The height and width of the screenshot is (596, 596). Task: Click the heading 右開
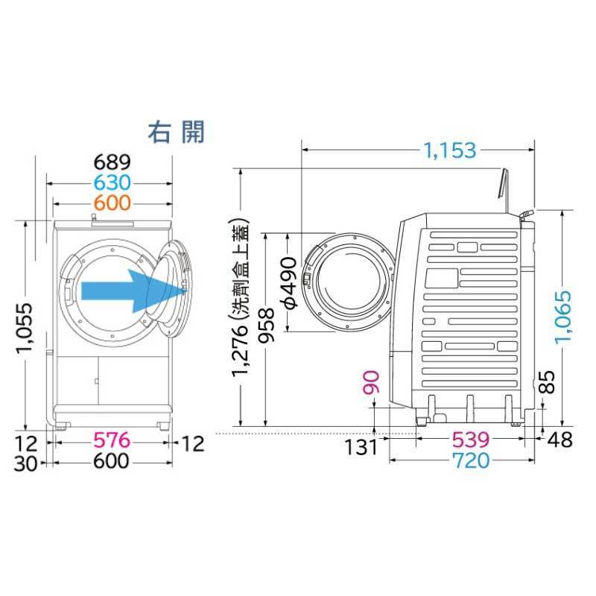pyautogui.click(x=176, y=132)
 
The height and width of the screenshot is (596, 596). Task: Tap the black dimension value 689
pyautogui.click(x=112, y=162)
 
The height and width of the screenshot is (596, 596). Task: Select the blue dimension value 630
pyautogui.click(x=112, y=183)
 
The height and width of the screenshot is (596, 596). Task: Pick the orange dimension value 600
pyautogui.click(x=112, y=203)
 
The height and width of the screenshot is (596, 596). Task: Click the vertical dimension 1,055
pyautogui.click(x=25, y=328)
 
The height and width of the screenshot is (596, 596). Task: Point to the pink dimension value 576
pyautogui.click(x=112, y=440)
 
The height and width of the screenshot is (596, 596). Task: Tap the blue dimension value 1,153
pyautogui.click(x=450, y=150)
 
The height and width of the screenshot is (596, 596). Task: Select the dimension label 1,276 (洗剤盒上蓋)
pyautogui.click(x=241, y=297)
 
